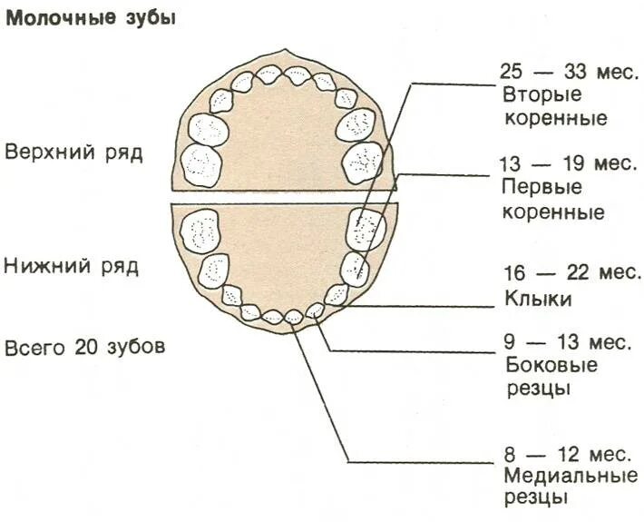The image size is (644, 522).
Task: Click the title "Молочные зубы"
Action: point(91,19)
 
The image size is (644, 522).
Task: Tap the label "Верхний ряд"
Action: point(73,151)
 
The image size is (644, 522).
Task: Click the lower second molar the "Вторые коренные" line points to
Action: point(367,228)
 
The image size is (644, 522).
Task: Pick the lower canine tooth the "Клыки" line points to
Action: point(337,294)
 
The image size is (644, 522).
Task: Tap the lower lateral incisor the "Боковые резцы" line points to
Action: point(315,310)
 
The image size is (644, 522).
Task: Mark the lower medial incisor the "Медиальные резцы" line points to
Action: point(293,317)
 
